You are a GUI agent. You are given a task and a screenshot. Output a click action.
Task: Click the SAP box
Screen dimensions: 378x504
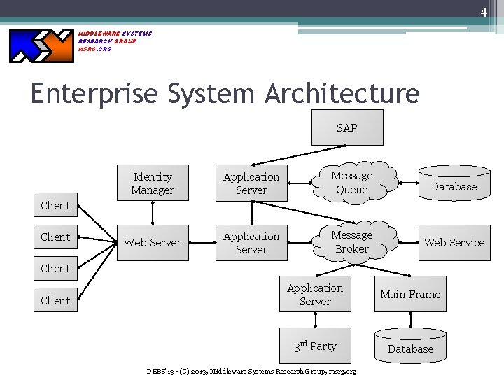[x=347, y=127]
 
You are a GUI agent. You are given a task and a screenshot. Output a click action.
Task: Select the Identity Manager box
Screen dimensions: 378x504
[x=153, y=183]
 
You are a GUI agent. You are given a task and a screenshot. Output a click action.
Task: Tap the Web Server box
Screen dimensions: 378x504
[x=153, y=242]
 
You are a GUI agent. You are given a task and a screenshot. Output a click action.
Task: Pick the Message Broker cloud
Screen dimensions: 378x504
[x=352, y=242]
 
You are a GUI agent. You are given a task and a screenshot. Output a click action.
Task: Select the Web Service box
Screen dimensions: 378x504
[x=454, y=242]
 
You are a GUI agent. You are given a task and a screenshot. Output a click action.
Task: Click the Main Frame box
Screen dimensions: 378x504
[x=410, y=295]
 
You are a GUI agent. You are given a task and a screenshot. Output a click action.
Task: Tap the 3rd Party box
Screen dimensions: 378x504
[x=315, y=346]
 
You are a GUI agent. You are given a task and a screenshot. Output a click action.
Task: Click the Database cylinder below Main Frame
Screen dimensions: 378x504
[x=410, y=348]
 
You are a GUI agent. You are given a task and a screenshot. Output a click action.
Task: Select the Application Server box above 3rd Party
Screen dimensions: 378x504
[x=315, y=295]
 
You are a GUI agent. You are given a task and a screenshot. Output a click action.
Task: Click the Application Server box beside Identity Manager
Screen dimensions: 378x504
[x=251, y=183]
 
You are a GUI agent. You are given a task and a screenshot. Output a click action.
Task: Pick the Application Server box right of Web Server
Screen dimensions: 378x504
[x=251, y=242]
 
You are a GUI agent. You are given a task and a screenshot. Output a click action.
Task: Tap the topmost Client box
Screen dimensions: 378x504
[x=55, y=205]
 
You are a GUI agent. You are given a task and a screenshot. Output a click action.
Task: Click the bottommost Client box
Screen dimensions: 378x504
[x=55, y=300]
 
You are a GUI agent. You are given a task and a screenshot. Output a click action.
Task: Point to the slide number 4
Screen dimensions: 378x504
[x=483, y=12]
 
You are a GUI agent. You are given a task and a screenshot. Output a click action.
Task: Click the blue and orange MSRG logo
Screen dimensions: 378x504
[x=41, y=45]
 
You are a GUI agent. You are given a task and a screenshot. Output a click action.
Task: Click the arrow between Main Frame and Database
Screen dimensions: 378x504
[x=410, y=319]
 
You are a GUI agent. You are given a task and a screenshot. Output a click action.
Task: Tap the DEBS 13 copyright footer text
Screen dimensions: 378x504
[x=251, y=371]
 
